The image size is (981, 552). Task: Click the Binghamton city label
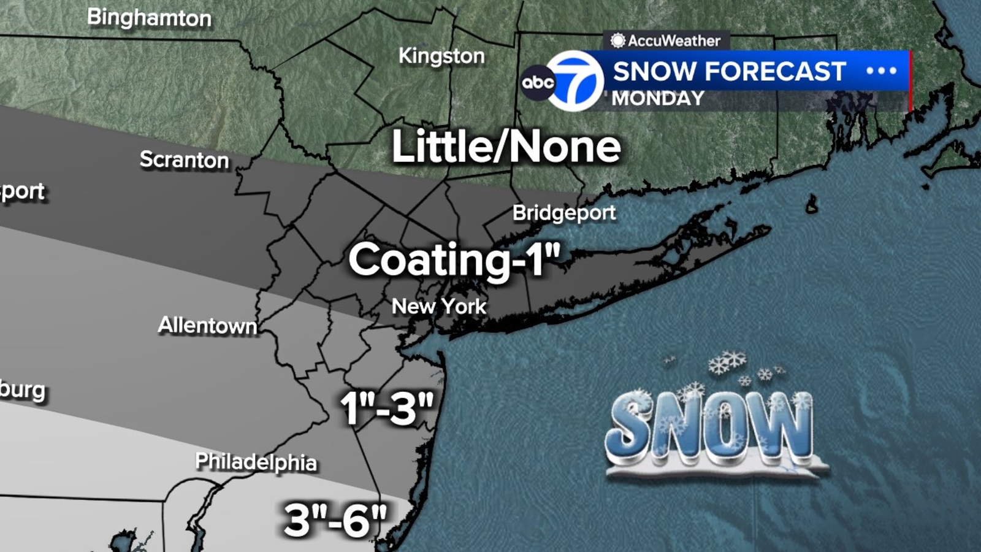pyautogui.click(x=149, y=18)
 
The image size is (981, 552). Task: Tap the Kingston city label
pyautogui.click(x=441, y=56)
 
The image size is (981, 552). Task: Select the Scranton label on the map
pyautogui.click(x=184, y=160)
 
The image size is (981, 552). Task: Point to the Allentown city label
pyautogui.click(x=207, y=325)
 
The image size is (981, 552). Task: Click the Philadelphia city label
pyautogui.click(x=256, y=461)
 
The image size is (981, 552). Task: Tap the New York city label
pyautogui.click(x=439, y=306)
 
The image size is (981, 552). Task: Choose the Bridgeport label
pyautogui.click(x=564, y=213)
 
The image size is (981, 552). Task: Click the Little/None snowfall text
pyautogui.click(x=506, y=147)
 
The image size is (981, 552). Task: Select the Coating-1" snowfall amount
pyautogui.click(x=454, y=259)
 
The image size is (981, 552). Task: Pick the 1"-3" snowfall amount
pyautogui.click(x=387, y=408)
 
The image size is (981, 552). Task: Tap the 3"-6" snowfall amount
pyautogui.click(x=335, y=520)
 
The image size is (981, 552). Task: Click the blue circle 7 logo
pyautogui.click(x=575, y=81)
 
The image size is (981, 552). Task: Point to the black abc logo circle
pyautogui.click(x=538, y=82)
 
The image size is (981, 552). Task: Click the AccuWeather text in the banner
pyautogui.click(x=674, y=41)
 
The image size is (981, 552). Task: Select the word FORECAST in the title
pyautogui.click(x=776, y=72)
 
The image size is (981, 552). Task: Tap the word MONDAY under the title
pyautogui.click(x=658, y=98)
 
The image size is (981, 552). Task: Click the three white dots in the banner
pyautogui.click(x=881, y=71)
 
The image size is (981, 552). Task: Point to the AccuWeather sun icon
pyautogui.click(x=617, y=41)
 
